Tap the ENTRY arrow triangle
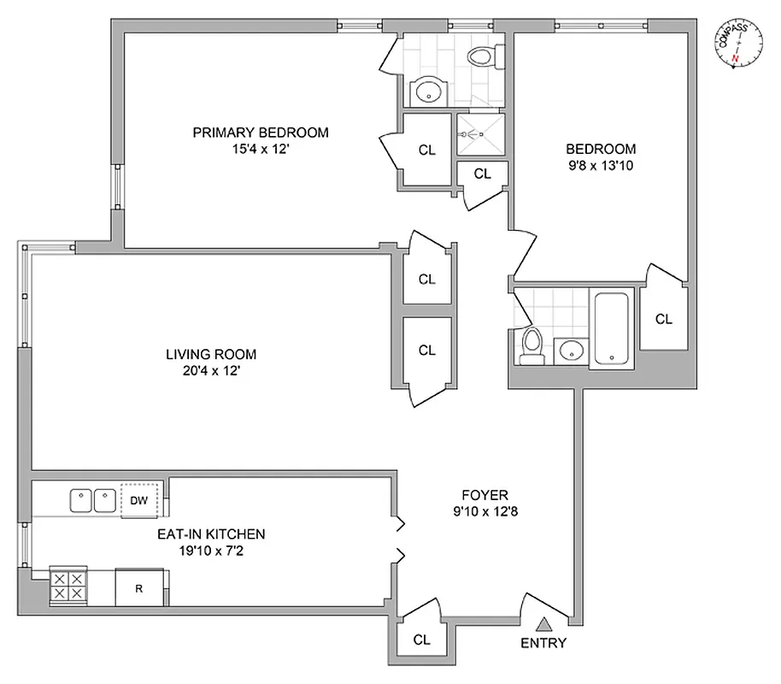point(543,624)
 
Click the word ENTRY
point(543,643)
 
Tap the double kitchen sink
point(93,499)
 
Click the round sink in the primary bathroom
point(425,92)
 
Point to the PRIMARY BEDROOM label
point(261,133)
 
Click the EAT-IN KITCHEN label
point(210,534)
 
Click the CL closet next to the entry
point(420,639)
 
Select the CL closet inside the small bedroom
point(663,319)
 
